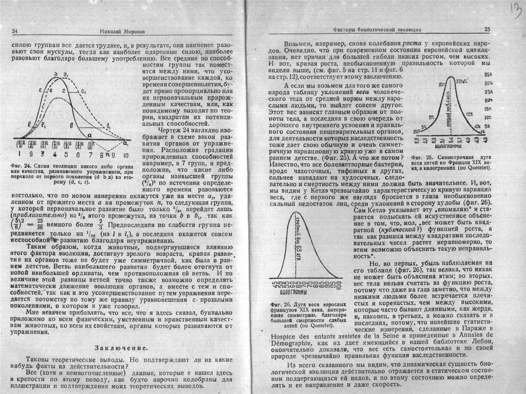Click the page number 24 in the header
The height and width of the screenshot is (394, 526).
click(x=15, y=31)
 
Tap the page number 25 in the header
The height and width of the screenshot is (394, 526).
click(x=487, y=29)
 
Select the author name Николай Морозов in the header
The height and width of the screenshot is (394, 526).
click(x=122, y=32)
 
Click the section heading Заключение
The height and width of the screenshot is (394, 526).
click(x=121, y=348)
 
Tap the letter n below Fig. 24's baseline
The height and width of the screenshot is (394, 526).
click(x=108, y=149)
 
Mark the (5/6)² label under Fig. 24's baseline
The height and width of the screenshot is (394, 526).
click(x=79, y=144)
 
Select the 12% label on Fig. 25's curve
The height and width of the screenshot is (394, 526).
click(x=469, y=114)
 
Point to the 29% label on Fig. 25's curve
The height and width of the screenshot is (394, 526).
click(x=442, y=85)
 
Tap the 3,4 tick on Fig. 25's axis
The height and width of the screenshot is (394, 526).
click(x=451, y=140)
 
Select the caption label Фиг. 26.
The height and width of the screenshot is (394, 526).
click(x=281, y=305)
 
